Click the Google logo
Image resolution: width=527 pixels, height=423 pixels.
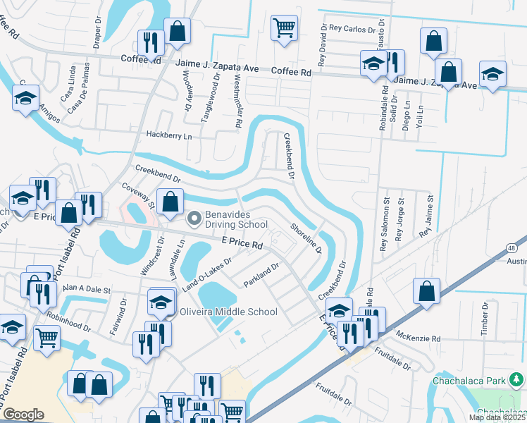tap(23, 415)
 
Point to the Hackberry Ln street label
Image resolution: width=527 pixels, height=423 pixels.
tap(168, 135)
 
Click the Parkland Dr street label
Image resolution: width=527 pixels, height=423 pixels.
tap(262, 274)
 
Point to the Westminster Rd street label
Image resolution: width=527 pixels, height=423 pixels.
tap(238, 102)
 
